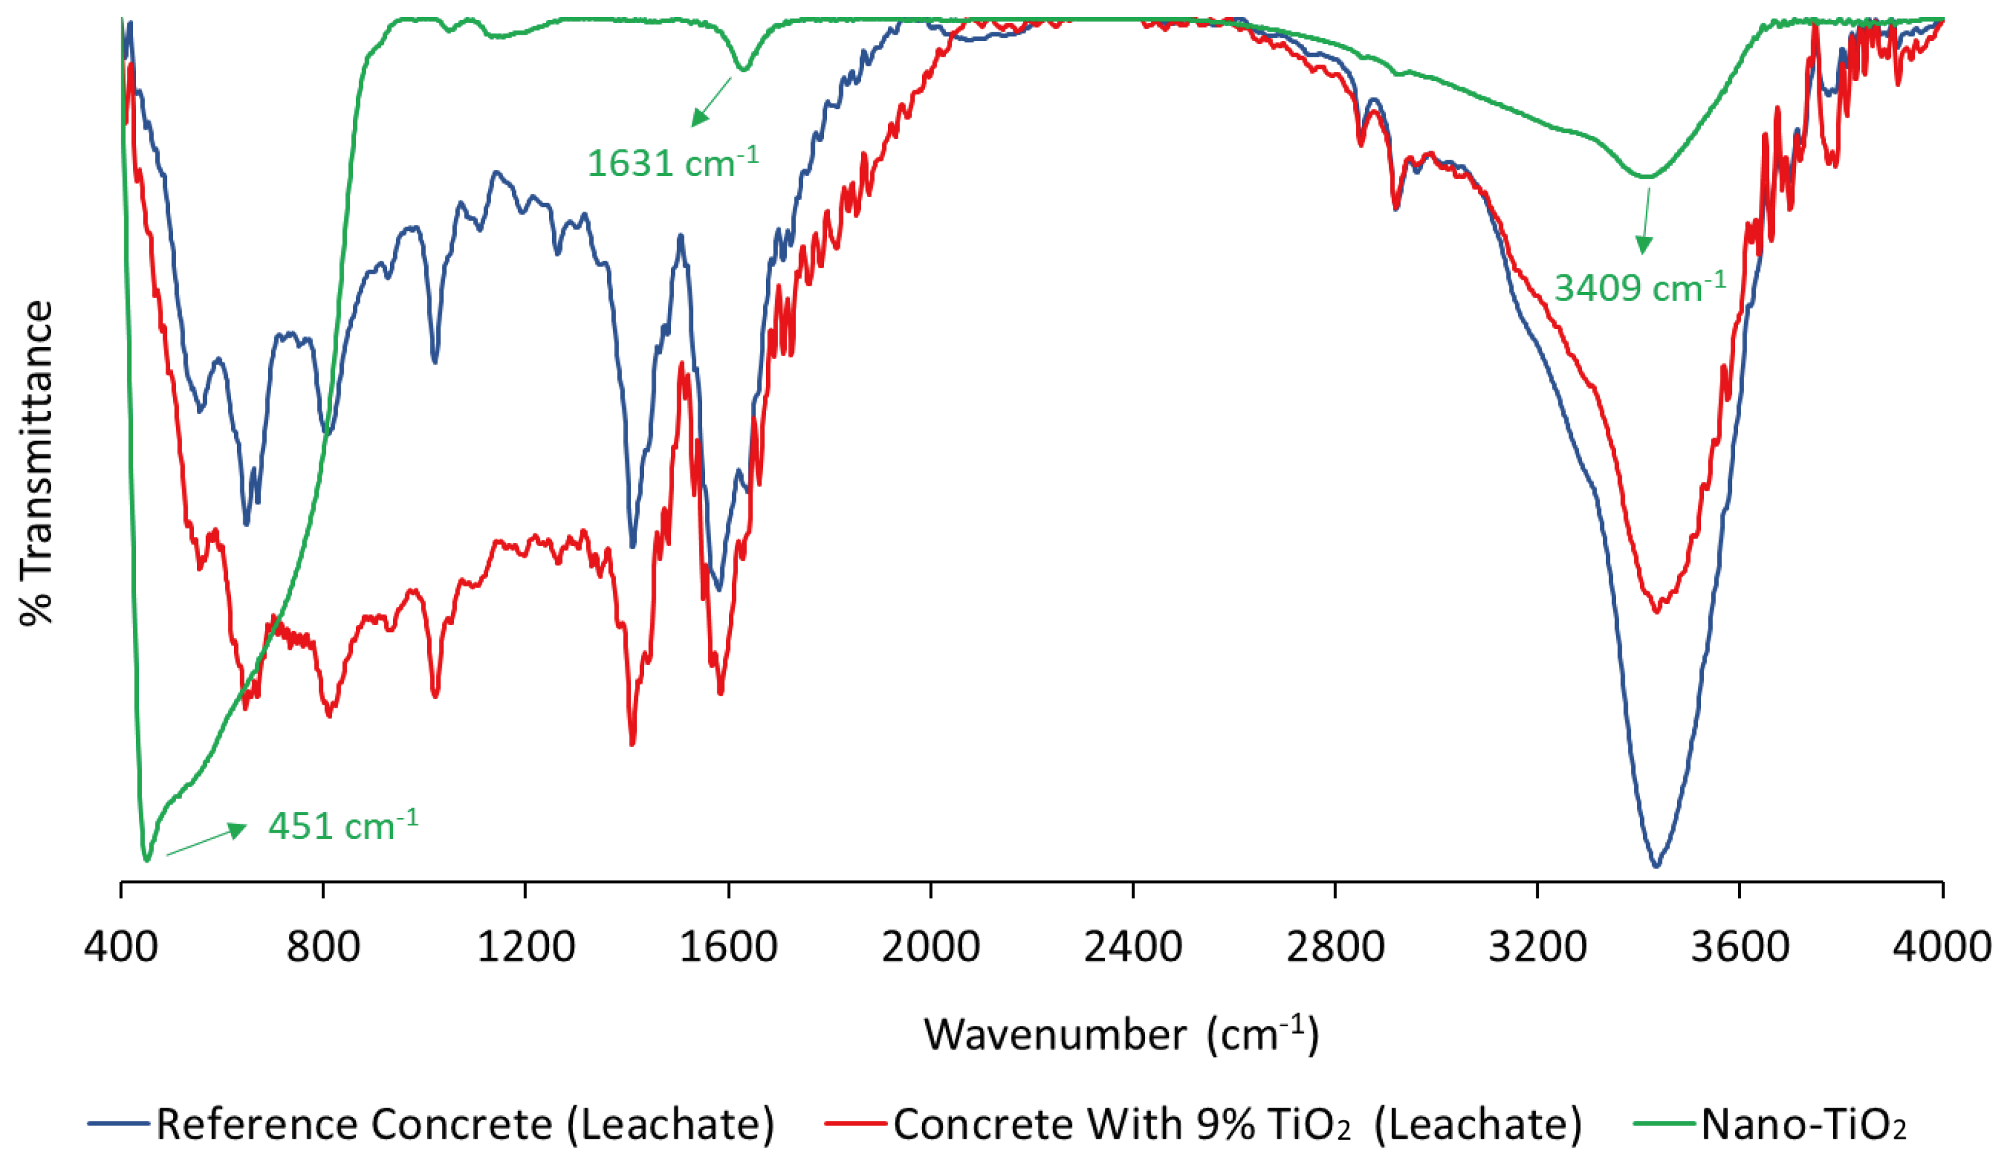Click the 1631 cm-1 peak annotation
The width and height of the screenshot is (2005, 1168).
point(672,162)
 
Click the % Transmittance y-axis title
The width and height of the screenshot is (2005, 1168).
point(37,463)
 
